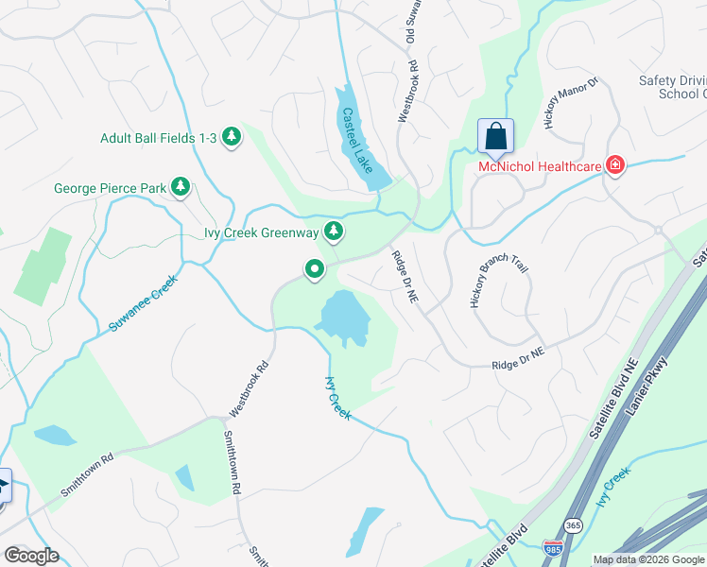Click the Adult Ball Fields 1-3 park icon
(232, 138)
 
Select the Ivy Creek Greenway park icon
(333, 231)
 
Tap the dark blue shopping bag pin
(495, 138)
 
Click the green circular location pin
(315, 270)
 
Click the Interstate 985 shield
(553, 547)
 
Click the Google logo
(31, 556)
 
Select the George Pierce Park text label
(110, 189)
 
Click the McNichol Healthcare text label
(540, 167)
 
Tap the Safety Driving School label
(670, 87)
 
